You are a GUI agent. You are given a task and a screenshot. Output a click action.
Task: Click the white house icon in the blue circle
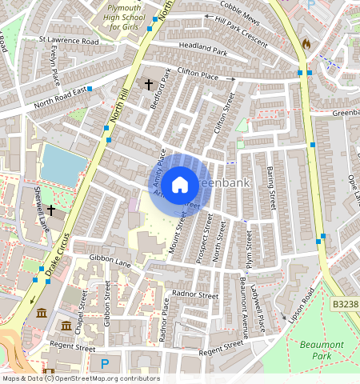180,185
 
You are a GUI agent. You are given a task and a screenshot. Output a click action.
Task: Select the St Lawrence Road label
69,39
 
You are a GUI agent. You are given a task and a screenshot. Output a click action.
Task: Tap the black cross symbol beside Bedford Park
148,84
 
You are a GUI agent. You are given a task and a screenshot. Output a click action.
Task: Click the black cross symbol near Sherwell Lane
51,210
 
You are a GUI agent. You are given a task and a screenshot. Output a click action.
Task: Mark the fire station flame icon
305,44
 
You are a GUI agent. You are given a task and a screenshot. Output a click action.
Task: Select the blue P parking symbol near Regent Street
104,364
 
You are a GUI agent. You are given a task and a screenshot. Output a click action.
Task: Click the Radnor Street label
197,295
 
